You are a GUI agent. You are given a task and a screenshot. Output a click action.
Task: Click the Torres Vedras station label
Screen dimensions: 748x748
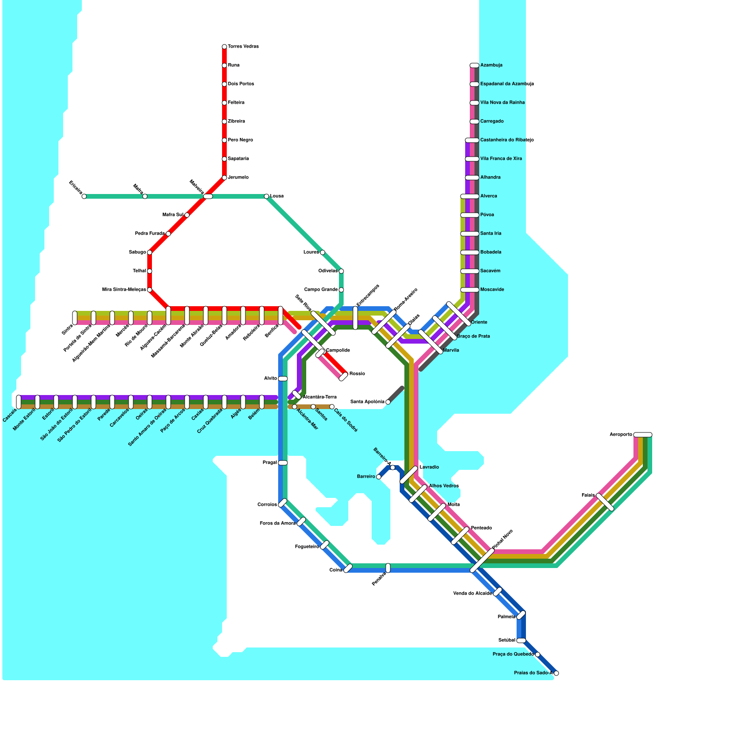[243, 47]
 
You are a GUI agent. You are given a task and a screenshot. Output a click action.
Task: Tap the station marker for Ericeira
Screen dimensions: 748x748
[84, 196]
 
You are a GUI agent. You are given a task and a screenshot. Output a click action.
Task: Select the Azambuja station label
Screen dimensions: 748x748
[491, 65]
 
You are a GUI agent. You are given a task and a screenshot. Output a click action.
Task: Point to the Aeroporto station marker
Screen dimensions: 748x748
[643, 435]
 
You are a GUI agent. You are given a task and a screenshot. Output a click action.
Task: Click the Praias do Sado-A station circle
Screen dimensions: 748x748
[556, 673]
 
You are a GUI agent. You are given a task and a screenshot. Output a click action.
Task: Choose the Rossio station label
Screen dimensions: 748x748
[357, 374]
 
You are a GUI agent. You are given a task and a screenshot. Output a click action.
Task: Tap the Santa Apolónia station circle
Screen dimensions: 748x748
[388, 402]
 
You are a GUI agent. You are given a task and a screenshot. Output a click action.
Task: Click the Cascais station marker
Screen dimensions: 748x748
[19, 402]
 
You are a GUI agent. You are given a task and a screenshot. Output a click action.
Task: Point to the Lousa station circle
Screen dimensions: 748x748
[266, 196]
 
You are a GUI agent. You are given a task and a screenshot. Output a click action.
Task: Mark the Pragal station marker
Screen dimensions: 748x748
[283, 463]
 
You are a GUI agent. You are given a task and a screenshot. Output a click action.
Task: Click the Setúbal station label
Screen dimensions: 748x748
[507, 640]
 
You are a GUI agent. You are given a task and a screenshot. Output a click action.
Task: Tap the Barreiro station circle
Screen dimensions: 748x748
[379, 477]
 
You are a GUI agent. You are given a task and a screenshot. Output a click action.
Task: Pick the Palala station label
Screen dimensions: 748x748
[588, 495]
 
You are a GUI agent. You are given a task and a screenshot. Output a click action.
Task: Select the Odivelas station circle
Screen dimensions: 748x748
[341, 271]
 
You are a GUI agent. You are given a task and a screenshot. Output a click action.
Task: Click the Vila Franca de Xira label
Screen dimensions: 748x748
[501, 159]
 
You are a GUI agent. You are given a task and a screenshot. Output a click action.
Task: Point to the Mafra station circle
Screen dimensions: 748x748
[145, 196]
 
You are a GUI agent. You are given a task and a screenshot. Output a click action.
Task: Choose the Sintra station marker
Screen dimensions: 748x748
[75, 318]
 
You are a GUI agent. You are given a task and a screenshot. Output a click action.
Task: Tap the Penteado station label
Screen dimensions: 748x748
[481, 528]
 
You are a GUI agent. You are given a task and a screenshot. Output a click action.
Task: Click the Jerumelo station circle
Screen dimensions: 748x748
[224, 178]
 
